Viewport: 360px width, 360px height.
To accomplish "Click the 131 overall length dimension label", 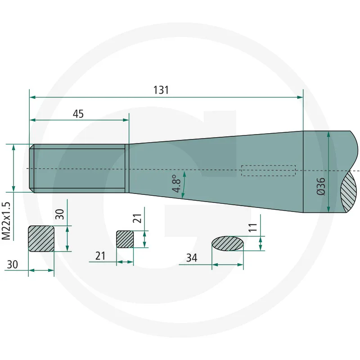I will point(161,90).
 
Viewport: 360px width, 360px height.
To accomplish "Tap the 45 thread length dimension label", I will point(78,114).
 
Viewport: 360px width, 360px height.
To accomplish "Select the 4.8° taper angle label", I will point(176,184).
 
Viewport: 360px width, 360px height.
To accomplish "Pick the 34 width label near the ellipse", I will point(191,258).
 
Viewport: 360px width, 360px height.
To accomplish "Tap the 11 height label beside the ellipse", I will point(252,228).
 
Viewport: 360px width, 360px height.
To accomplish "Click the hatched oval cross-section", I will point(228,243).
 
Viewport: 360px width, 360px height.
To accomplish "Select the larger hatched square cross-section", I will point(41,238).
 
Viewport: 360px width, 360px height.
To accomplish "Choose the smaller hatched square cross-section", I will point(125,239).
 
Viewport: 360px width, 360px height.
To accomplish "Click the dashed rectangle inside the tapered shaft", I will point(268,171).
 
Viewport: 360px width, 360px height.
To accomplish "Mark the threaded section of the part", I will point(79,168).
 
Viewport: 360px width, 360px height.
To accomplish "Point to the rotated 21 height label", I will point(138,219).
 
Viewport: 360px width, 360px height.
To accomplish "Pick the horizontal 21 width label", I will point(100,256).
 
